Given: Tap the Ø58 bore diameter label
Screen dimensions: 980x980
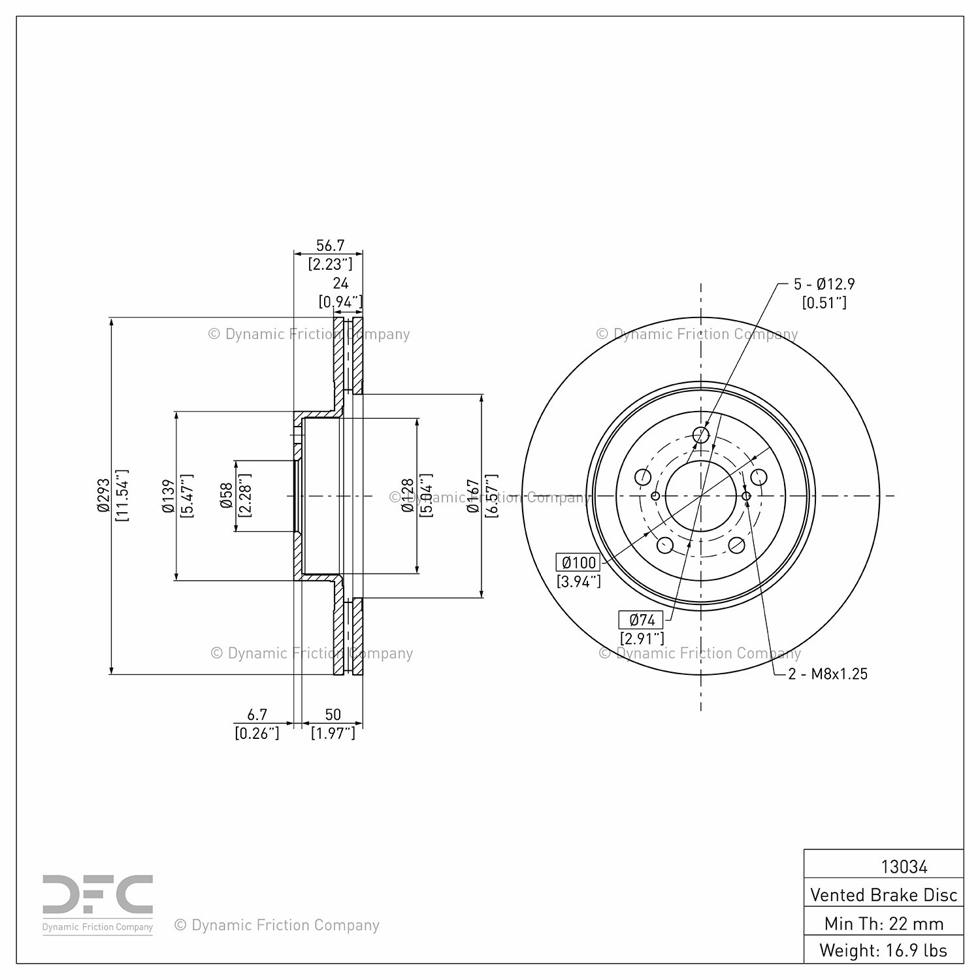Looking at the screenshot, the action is click(227, 495).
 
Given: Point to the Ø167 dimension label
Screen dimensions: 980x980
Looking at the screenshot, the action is click(474, 495).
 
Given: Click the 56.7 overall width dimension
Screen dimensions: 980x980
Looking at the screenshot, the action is click(330, 246).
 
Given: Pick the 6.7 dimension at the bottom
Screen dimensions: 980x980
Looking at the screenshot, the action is click(257, 715).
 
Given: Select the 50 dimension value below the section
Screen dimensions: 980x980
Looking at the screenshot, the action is click(333, 715).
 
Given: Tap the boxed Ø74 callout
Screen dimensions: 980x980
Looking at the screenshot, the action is click(641, 619).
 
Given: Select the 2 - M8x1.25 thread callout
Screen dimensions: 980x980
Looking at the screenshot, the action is click(828, 674).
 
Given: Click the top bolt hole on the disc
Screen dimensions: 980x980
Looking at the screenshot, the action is click(701, 434).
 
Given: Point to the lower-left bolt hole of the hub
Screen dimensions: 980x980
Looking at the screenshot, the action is click(664, 545).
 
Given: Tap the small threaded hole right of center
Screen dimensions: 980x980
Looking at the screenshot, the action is click(747, 496).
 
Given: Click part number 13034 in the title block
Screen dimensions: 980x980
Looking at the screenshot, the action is click(904, 866).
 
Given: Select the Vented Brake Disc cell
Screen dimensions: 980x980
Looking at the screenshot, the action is click(883, 894).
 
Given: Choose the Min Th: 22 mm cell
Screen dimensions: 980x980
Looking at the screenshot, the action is click(883, 923).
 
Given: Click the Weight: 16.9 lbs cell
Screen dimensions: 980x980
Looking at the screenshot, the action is click(883, 950).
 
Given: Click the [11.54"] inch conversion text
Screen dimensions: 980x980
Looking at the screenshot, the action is click(122, 495).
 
